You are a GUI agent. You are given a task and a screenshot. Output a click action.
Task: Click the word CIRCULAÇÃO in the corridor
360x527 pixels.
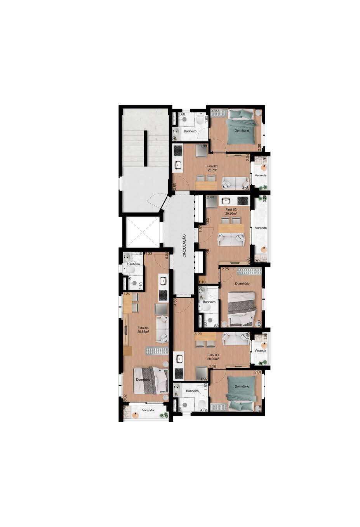click(184, 246)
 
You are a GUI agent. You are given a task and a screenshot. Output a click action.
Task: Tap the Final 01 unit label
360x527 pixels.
click(212, 165)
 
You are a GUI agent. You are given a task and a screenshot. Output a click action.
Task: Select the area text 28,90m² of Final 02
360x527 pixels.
click(231, 213)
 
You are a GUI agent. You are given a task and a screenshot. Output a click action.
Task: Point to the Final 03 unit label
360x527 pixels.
click(213, 355)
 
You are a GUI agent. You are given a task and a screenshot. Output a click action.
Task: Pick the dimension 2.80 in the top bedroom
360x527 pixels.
click(215, 111)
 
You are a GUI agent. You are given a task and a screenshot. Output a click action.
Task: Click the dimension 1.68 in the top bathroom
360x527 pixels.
click(181, 114)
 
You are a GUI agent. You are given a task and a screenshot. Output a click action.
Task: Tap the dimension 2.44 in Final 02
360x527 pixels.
click(210, 198)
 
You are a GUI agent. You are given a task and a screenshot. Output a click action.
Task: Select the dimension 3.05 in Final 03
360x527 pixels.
click(198, 333)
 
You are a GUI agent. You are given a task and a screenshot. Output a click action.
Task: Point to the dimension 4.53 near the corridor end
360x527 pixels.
click(176, 302)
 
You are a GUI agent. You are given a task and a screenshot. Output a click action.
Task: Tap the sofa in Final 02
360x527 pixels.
click(231, 239)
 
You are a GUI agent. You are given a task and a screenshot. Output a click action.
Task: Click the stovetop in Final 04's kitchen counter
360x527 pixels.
click(162, 295)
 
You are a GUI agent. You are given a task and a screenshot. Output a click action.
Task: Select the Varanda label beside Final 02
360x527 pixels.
click(261, 228)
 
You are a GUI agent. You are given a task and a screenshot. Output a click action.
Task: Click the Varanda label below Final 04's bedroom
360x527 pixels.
click(148, 410)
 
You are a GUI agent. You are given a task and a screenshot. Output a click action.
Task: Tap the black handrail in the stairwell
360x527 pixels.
click(145, 148)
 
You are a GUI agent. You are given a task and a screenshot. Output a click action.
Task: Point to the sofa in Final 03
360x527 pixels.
click(235, 338)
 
